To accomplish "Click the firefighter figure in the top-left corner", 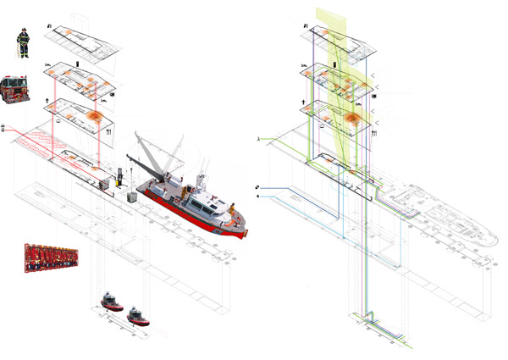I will tap(24, 42).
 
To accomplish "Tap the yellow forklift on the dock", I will tap(121, 178).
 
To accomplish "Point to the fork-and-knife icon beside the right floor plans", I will tap(373, 132).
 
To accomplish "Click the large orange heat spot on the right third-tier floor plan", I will tap(352, 115).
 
